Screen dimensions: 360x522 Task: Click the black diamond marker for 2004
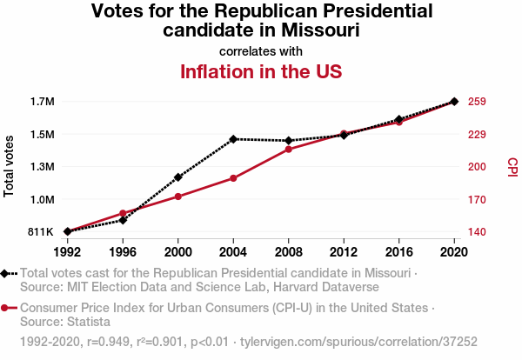(233, 139)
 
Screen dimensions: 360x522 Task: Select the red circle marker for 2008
(289, 150)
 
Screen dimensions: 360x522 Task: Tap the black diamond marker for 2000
(178, 177)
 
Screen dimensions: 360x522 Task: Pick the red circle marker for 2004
(233, 178)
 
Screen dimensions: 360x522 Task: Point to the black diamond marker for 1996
(123, 220)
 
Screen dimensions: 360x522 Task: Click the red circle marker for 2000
(178, 197)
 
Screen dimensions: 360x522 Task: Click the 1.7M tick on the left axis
(42, 102)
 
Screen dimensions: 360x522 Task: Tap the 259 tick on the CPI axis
(476, 102)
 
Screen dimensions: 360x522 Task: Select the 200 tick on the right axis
(476, 167)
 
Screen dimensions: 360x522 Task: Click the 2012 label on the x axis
(344, 251)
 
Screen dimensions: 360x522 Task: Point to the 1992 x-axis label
(67, 251)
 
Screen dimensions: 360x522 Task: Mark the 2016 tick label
(399, 251)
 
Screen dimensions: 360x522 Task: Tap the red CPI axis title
(512, 166)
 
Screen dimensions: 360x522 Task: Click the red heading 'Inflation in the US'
(260, 71)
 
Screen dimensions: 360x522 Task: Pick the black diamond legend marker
(7, 273)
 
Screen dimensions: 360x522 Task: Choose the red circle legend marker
(7, 308)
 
